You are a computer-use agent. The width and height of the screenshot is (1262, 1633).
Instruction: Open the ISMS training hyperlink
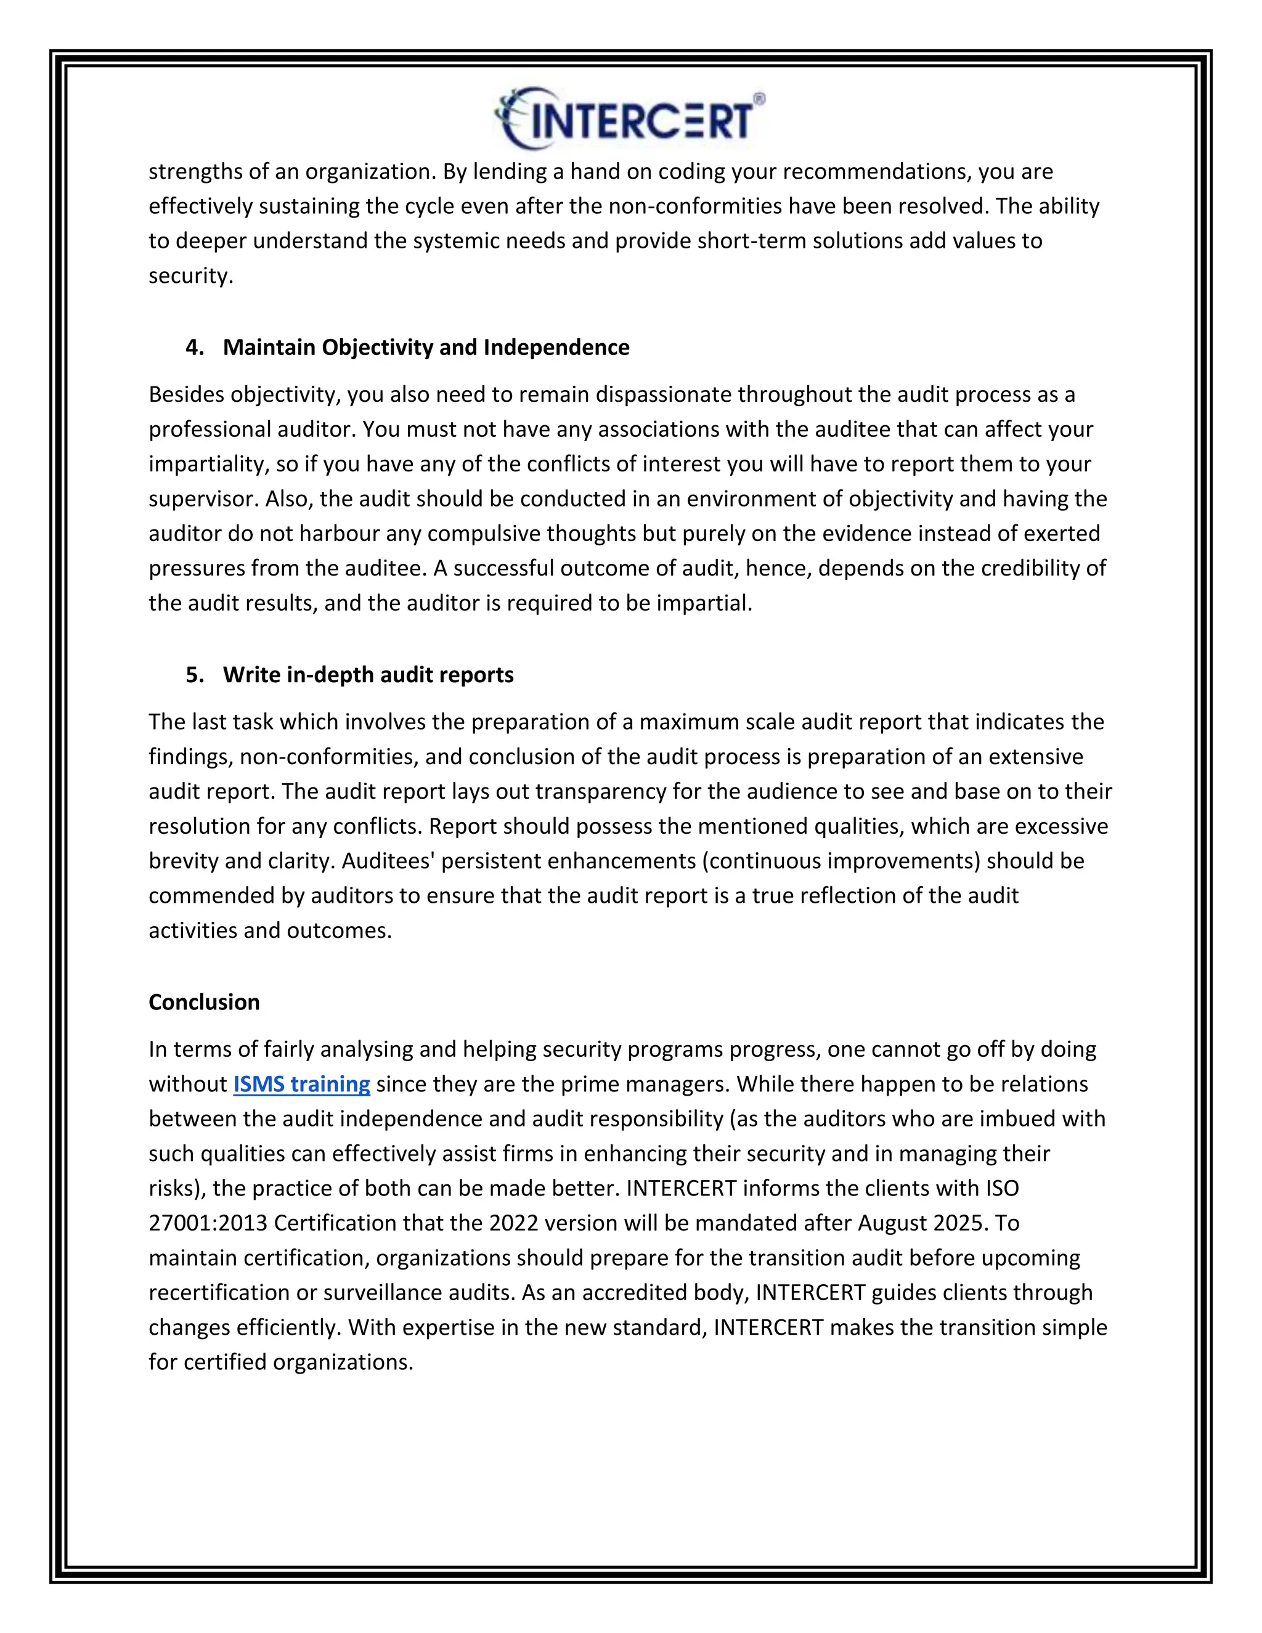pyautogui.click(x=301, y=1083)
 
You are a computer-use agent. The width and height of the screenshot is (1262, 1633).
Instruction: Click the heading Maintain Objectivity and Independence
pyautogui.click(x=426, y=347)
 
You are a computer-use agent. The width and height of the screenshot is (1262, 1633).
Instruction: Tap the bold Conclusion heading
pyautogui.click(x=204, y=1002)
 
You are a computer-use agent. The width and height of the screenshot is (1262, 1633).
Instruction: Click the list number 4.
pyautogui.click(x=194, y=347)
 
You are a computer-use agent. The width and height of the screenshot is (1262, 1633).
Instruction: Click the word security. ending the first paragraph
pyautogui.click(x=190, y=276)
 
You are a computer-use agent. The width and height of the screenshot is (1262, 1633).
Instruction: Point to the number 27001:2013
pyautogui.click(x=208, y=1223)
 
